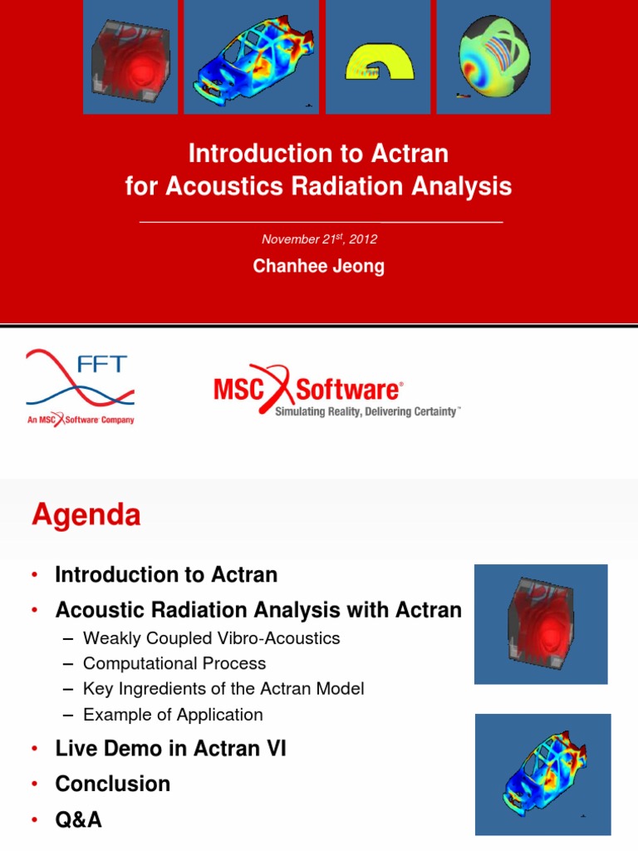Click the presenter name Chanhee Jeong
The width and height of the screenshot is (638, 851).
pos(318,267)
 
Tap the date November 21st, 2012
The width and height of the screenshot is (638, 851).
pos(319,239)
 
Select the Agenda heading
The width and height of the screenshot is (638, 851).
pos(86,515)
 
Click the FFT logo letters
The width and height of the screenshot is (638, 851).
pos(102,364)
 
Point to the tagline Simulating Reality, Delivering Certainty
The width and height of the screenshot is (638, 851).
pos(367,411)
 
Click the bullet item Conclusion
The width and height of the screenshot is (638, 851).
pos(113,784)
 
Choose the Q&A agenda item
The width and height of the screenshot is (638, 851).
pos(79,819)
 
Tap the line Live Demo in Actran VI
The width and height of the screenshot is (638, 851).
pos(170,749)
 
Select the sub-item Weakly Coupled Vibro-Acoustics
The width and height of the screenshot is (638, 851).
pos(212,638)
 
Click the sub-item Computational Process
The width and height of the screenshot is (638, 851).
pos(174,663)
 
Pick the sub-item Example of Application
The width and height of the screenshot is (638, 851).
pos(173,715)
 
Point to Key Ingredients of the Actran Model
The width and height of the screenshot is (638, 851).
pos(223,689)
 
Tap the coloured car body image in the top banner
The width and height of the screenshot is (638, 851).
pos(251,57)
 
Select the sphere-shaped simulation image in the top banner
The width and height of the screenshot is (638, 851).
pos(493,57)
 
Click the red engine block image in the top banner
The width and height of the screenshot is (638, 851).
pos(130,57)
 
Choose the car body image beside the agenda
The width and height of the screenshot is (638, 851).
pos(543,775)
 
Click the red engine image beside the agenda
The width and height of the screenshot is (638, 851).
pos(541,624)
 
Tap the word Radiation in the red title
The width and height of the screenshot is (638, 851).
pos(347,186)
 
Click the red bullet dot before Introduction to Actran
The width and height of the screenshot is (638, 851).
pos(35,575)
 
